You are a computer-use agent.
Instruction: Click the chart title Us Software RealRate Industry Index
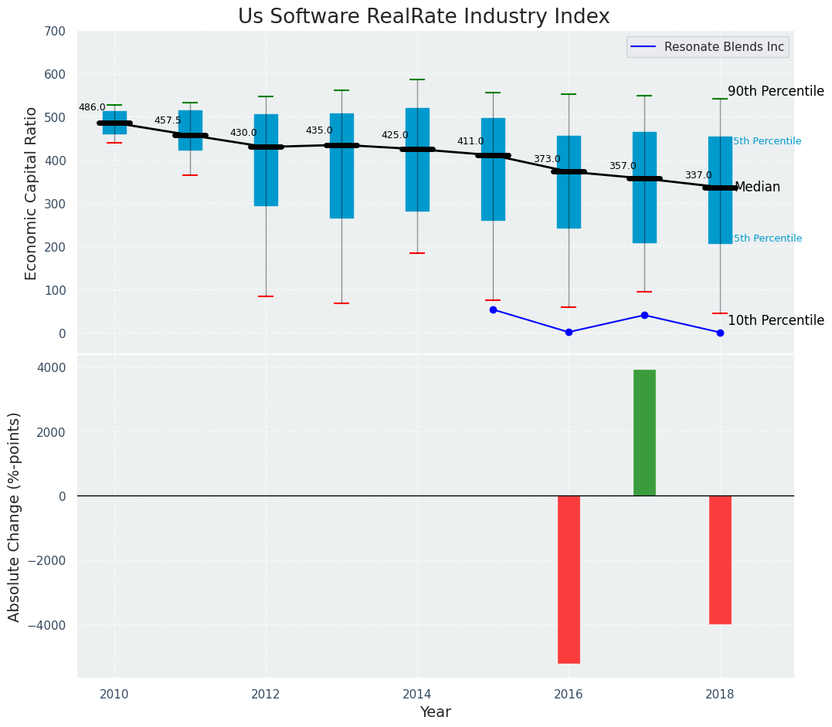click(x=423, y=17)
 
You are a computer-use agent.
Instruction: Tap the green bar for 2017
click(x=644, y=432)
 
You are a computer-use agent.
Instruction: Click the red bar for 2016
click(x=569, y=579)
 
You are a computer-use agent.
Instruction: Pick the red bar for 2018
click(x=720, y=560)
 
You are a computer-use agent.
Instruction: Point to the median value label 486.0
click(x=92, y=108)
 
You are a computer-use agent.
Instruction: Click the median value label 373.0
click(x=547, y=160)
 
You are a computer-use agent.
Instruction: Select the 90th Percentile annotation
click(x=776, y=91)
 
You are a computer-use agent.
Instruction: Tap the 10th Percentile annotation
click(x=776, y=320)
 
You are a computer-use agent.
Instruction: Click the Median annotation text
click(x=757, y=188)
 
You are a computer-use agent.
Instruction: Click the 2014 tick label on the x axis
click(x=417, y=693)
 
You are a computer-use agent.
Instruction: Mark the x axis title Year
click(x=435, y=712)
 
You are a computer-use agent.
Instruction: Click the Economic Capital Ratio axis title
click(x=32, y=193)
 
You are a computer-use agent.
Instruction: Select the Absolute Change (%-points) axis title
click(x=15, y=516)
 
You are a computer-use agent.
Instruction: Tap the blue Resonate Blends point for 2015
click(x=493, y=309)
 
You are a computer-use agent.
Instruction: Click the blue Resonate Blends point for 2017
click(x=644, y=315)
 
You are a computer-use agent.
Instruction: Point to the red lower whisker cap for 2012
click(x=266, y=296)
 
